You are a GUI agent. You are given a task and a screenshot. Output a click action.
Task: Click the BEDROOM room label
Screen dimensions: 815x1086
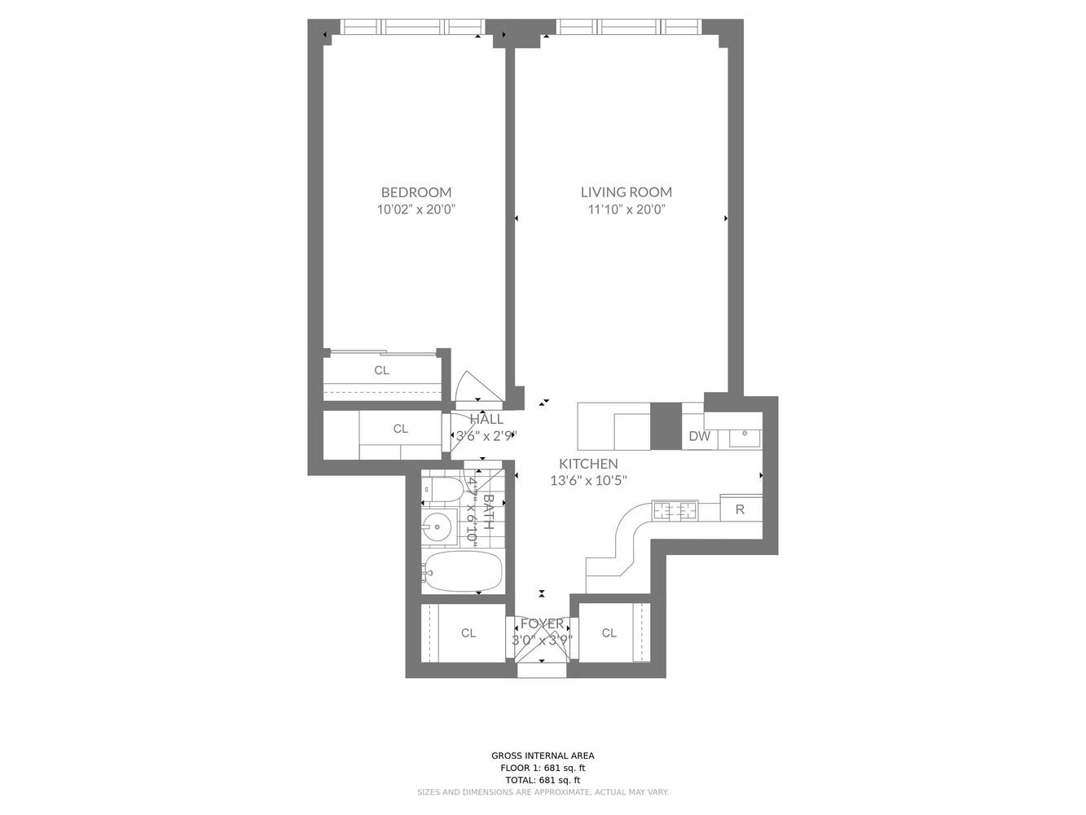click(415, 192)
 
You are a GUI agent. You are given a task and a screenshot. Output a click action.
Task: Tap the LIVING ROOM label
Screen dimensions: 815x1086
click(626, 192)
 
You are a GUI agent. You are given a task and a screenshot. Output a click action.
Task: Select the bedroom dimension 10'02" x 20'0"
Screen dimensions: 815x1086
click(415, 209)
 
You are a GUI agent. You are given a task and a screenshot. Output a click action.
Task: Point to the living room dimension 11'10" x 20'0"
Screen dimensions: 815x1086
click(626, 209)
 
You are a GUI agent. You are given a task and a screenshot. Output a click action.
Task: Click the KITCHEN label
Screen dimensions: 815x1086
click(587, 464)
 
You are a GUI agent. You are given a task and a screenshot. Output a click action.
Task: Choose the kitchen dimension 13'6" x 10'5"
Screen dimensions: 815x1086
click(587, 481)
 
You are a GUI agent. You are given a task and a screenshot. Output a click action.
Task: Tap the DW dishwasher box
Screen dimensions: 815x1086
click(699, 436)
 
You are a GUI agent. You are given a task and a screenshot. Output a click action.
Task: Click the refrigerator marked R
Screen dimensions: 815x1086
click(740, 509)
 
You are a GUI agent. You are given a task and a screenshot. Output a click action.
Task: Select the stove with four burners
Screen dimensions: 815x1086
click(675, 511)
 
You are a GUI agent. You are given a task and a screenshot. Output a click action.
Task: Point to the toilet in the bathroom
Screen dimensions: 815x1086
click(442, 489)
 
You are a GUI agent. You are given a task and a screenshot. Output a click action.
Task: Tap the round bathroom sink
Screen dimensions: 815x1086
click(438, 527)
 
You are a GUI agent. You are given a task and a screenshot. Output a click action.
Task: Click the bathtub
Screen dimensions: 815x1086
click(462, 571)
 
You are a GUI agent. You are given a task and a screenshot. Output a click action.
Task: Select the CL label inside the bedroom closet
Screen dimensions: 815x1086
click(381, 370)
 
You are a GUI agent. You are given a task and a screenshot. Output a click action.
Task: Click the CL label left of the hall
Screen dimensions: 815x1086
click(400, 429)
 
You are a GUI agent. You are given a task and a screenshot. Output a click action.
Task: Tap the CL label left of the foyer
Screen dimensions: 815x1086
click(468, 633)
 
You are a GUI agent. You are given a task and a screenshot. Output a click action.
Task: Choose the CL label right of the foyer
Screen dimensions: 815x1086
click(609, 633)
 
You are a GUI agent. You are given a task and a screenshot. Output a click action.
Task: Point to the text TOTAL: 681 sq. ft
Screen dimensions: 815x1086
click(543, 780)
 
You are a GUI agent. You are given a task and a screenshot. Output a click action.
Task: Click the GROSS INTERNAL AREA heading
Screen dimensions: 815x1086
click(543, 756)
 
